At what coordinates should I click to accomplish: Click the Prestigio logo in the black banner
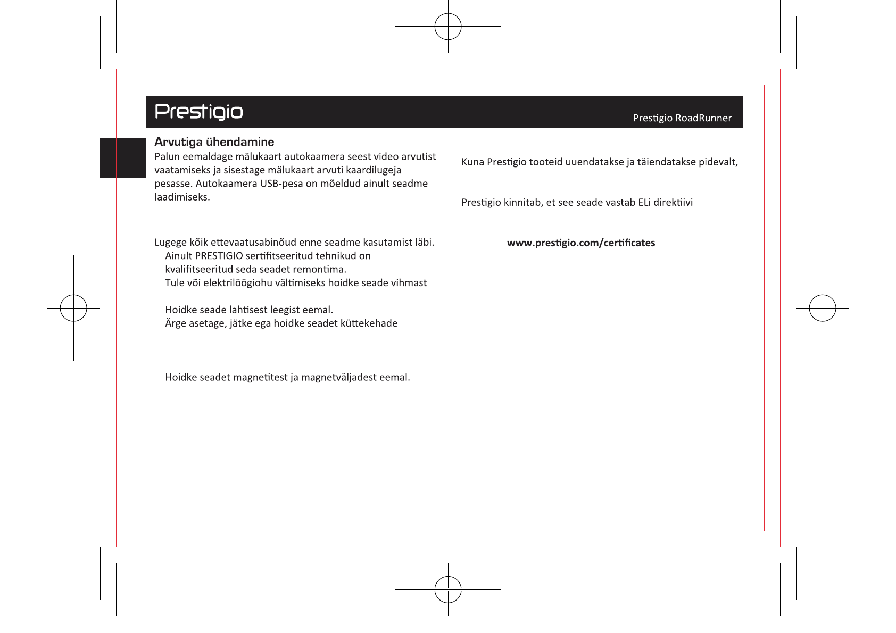coord(198,111)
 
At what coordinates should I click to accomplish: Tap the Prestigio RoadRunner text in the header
coord(682,118)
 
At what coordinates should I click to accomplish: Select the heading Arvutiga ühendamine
coord(214,142)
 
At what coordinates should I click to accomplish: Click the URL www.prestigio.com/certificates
coord(581,243)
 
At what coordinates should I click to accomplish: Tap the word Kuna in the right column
coord(472,162)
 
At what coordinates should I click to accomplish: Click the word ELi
coord(644,203)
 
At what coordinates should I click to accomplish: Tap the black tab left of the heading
coord(123,158)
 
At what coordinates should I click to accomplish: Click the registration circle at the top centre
coord(448,27)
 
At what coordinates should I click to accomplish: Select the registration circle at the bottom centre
coord(448,589)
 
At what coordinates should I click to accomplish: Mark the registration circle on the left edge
coord(73,308)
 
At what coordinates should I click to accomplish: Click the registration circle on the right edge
coord(823,308)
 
